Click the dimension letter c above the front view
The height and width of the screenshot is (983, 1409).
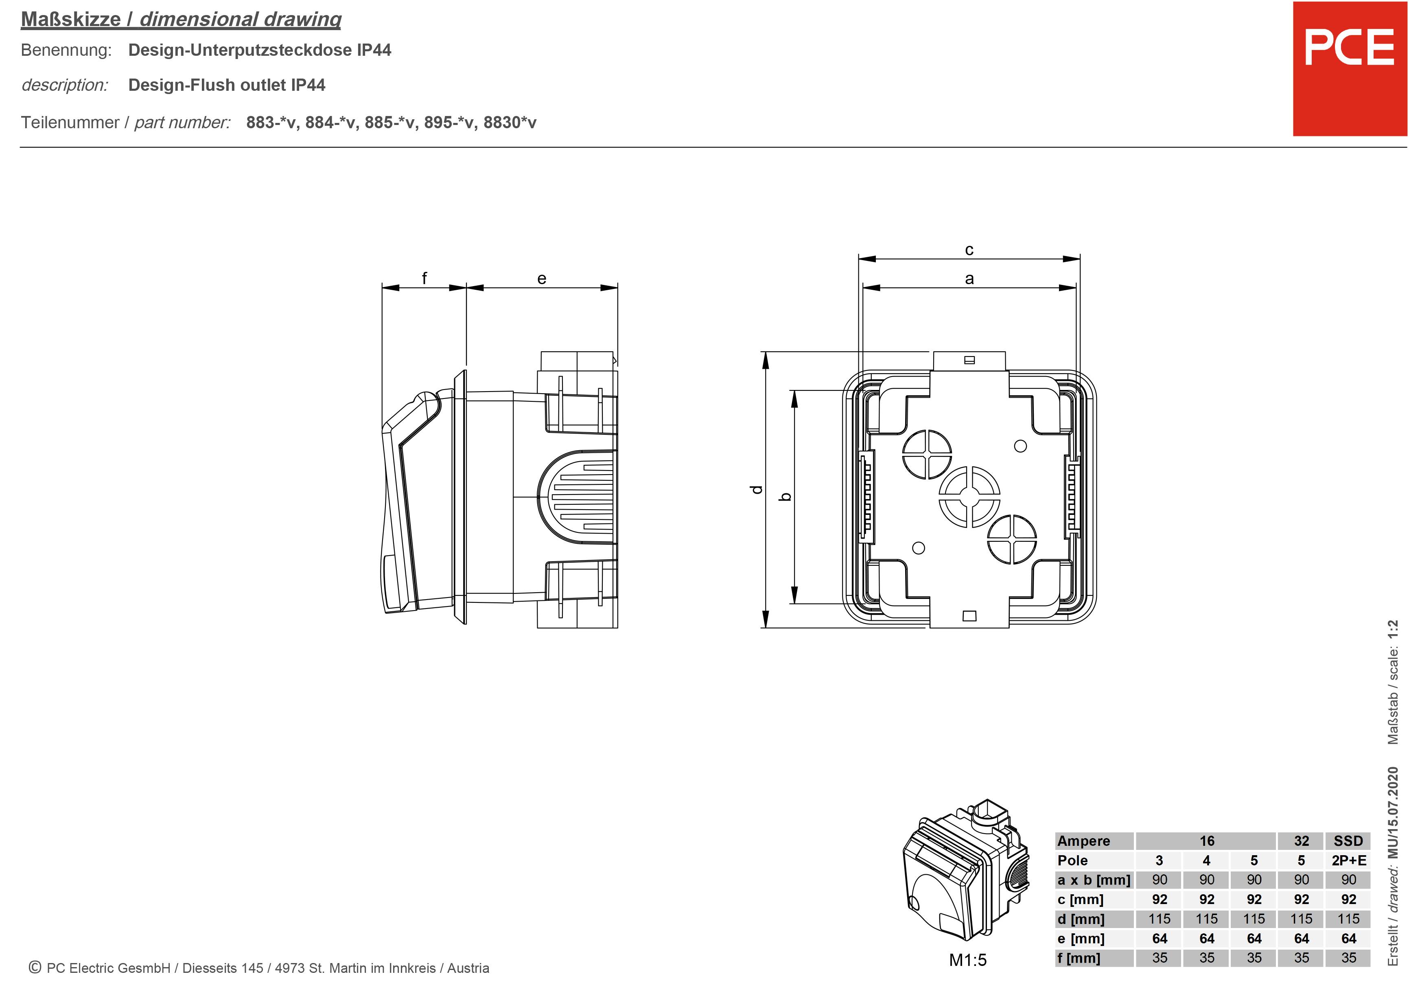tap(969, 250)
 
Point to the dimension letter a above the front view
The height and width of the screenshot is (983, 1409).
tap(969, 278)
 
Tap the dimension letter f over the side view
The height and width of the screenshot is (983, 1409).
tap(424, 278)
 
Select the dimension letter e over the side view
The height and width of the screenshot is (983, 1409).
tap(541, 278)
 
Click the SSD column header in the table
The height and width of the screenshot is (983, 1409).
tap(1348, 841)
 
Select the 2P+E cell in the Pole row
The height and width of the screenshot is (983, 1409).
tap(1348, 860)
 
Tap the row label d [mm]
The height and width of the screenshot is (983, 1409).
tap(1081, 919)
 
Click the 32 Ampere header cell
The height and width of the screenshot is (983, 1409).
tap(1301, 841)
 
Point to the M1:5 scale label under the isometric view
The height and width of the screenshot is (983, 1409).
tap(968, 960)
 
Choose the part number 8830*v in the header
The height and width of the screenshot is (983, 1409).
tap(510, 123)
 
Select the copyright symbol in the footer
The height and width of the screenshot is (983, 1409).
tap(35, 967)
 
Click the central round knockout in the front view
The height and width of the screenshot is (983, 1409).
tap(969, 497)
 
